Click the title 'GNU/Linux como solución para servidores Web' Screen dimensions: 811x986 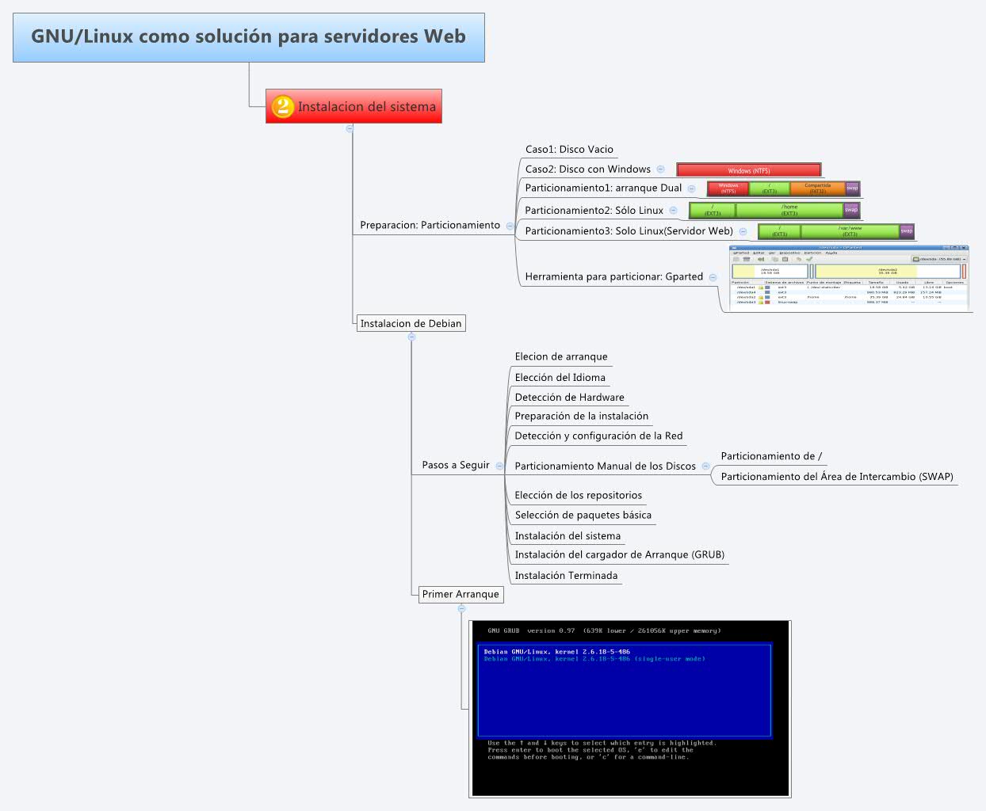coord(248,36)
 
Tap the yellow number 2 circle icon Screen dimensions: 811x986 coord(283,106)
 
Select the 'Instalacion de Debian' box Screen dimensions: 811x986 coord(411,323)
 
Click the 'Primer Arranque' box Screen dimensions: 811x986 coord(461,594)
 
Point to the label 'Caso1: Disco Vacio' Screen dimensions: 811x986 coord(569,149)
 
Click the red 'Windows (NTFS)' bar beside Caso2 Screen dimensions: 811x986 coord(748,170)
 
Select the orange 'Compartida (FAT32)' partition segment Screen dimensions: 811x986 coord(817,188)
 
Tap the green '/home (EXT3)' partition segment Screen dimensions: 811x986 coord(789,210)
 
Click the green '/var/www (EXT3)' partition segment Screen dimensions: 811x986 coord(850,231)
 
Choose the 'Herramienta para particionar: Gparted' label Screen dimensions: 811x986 coord(613,276)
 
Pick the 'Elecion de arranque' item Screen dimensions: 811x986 coord(561,356)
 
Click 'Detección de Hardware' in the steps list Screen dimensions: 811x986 coord(569,397)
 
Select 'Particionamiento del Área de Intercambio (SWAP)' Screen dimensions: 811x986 coord(836,476)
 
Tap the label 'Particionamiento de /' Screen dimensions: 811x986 coord(771,456)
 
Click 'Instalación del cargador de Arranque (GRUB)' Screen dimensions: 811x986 coord(619,554)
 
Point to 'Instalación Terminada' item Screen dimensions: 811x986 coord(566,576)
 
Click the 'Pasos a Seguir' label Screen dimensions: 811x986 coord(456,465)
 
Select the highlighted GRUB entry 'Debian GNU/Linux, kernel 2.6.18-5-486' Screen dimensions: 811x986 coord(557,652)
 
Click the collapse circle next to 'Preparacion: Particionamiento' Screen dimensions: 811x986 coord(510,226)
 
